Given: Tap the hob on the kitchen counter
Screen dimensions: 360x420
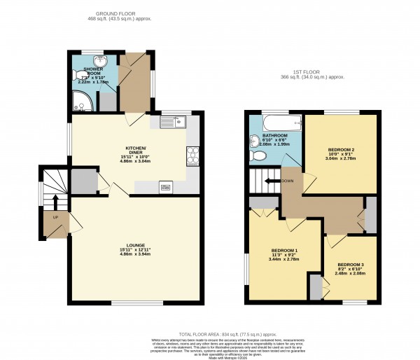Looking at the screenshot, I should [192, 155].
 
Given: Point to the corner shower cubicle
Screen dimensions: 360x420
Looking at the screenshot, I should [81, 104].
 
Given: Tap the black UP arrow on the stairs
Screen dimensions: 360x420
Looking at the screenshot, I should [55, 202].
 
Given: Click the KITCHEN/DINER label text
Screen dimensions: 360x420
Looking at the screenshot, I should [135, 150].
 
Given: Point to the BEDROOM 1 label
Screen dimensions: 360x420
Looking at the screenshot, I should [285, 251].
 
